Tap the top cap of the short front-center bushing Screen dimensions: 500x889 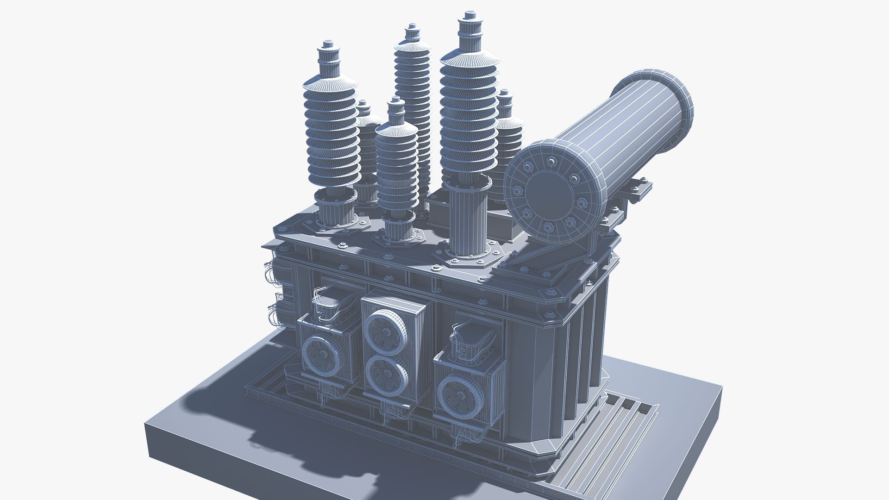(395, 103)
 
